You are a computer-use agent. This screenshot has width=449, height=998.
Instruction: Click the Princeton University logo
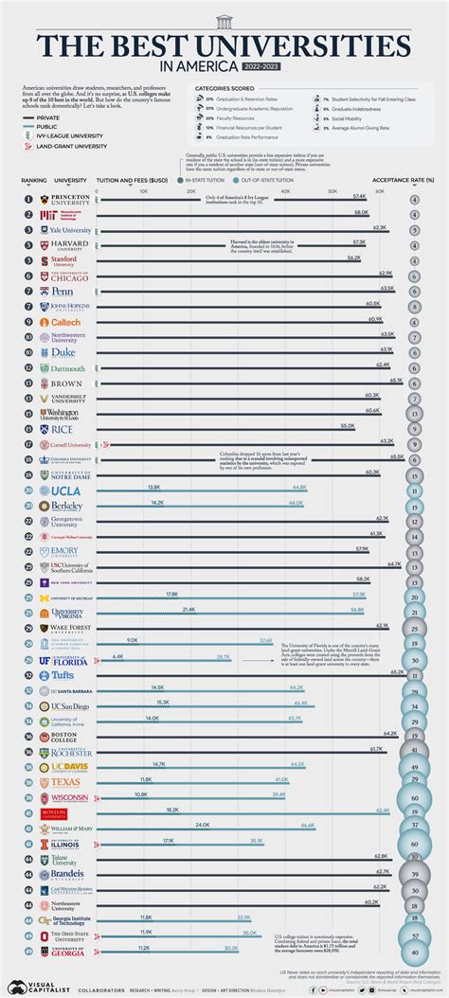[x=66, y=200]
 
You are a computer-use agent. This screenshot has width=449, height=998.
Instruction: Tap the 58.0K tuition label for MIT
[x=361, y=212]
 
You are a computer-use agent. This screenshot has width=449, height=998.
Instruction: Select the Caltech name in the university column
[x=60, y=322]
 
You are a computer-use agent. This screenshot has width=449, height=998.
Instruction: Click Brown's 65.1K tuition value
[x=396, y=381]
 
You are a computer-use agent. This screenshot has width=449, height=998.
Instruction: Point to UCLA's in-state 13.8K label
[x=154, y=487]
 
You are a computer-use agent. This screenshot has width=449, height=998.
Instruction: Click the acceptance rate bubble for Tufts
[x=415, y=674]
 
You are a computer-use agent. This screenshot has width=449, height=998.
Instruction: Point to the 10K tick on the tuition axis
[x=144, y=190]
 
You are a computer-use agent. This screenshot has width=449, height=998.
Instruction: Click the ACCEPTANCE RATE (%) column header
[x=403, y=180]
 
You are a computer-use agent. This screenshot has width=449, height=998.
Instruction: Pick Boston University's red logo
[x=54, y=812]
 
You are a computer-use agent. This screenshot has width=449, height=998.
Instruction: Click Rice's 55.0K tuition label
[x=348, y=426]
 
